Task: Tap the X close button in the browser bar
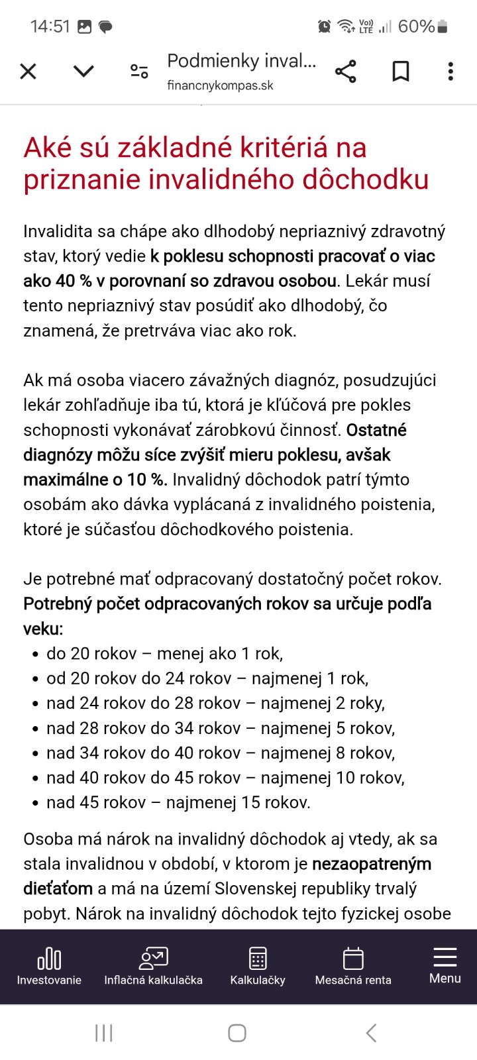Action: tap(28, 71)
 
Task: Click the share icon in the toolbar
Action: tap(345, 71)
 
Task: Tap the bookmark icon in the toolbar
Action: tap(400, 71)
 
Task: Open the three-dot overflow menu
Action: tap(450, 71)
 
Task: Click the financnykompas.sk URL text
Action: tap(220, 85)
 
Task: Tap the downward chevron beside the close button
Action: tap(83, 71)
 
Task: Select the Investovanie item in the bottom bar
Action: tap(49, 967)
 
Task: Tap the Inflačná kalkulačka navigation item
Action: tap(153, 967)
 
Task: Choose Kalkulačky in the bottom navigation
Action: tap(258, 967)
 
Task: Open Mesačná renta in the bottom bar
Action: tap(353, 967)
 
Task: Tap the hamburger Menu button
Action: tap(445, 965)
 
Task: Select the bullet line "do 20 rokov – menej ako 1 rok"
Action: tap(164, 654)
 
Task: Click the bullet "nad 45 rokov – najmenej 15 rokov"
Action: tap(178, 803)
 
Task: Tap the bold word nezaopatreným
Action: tap(372, 864)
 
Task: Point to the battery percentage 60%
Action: tap(416, 26)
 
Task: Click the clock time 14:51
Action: tap(50, 26)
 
